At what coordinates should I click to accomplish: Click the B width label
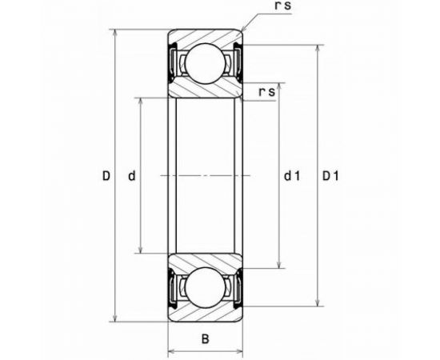(x=205, y=338)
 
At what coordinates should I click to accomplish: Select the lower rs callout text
(x=268, y=91)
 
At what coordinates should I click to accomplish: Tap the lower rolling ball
(x=205, y=286)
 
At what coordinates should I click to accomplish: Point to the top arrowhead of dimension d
(x=142, y=102)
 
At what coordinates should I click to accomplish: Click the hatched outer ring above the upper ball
(x=205, y=39)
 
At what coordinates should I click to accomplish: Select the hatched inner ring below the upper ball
(x=205, y=88)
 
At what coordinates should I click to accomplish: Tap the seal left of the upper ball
(x=173, y=62)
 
